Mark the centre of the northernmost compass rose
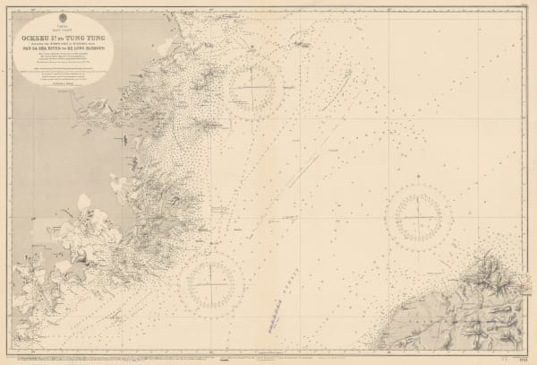click(x=255, y=87)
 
